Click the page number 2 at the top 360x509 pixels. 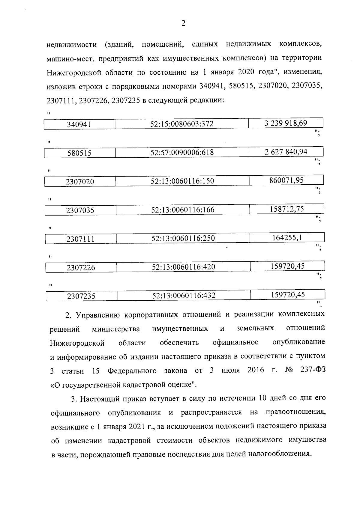tap(183, 23)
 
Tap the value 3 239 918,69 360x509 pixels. tap(286, 123)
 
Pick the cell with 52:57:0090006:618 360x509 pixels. tap(182, 153)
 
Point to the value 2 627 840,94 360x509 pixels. tap(286, 152)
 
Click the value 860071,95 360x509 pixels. tap(286, 180)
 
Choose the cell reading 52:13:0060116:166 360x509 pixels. tap(183, 210)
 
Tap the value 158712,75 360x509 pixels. tap(286, 209)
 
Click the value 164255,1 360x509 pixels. tap(287, 237)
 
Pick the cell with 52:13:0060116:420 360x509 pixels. tap(183, 267)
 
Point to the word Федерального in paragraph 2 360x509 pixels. tap(132, 371)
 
